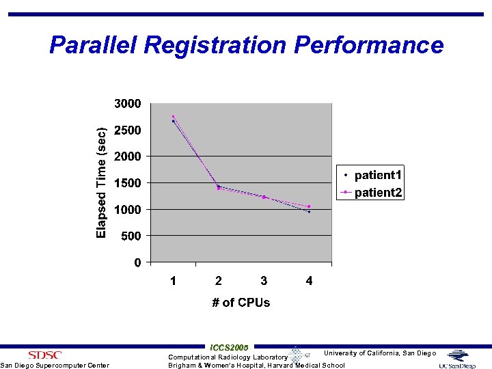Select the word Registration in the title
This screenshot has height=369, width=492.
(215, 45)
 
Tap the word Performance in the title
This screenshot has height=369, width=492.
(369, 45)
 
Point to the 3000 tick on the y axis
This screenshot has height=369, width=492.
(127, 104)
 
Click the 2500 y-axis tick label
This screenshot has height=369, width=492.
(127, 131)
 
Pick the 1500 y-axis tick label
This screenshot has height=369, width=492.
(127, 183)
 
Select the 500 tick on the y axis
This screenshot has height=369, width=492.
(131, 236)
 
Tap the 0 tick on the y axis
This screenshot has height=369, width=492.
(137, 263)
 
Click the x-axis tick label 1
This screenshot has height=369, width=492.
(174, 281)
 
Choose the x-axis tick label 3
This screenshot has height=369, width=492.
(264, 281)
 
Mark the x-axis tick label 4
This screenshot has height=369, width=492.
(309, 281)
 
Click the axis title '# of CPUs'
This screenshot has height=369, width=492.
(241, 303)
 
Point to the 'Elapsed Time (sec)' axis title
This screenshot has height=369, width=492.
(101, 183)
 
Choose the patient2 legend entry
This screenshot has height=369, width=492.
(372, 192)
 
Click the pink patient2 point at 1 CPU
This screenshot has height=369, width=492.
(174, 117)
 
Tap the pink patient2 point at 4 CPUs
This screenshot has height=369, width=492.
(309, 206)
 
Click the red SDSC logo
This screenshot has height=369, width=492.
(44, 355)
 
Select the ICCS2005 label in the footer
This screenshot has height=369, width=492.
(230, 347)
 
